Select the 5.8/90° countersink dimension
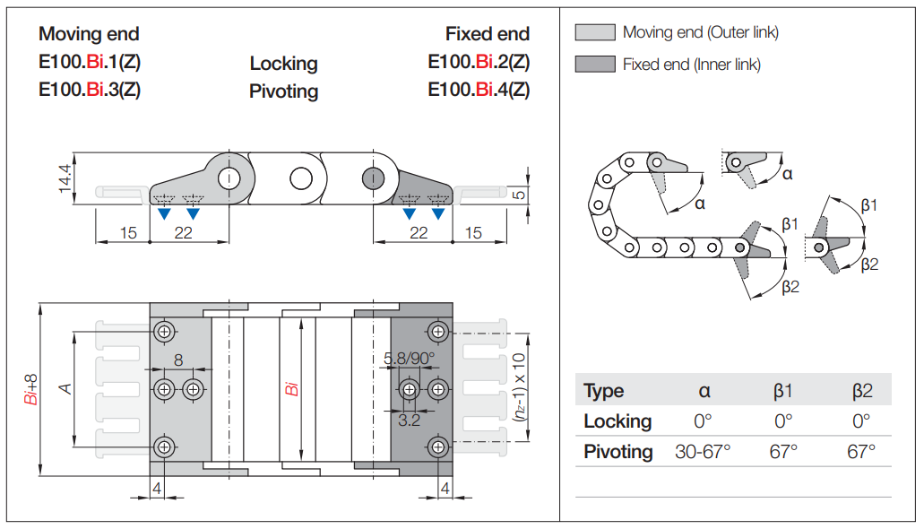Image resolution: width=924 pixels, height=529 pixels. (410, 359)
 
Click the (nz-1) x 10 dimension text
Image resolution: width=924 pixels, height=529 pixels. (518, 389)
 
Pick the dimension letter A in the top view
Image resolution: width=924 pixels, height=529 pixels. (65, 388)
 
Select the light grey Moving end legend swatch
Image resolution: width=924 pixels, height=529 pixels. (594, 33)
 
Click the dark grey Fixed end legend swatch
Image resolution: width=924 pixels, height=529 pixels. (594, 65)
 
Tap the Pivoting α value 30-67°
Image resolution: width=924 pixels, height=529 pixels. (704, 451)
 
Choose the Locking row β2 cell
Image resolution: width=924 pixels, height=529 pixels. (861, 421)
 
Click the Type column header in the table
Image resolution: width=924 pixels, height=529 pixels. (604, 391)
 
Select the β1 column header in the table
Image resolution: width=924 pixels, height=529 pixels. (783, 391)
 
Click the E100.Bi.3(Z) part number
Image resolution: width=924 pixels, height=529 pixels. (90, 90)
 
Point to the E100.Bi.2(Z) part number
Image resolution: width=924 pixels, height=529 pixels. (479, 62)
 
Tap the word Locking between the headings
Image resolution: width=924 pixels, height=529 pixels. (283, 64)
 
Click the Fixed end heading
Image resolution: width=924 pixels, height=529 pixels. (488, 34)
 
